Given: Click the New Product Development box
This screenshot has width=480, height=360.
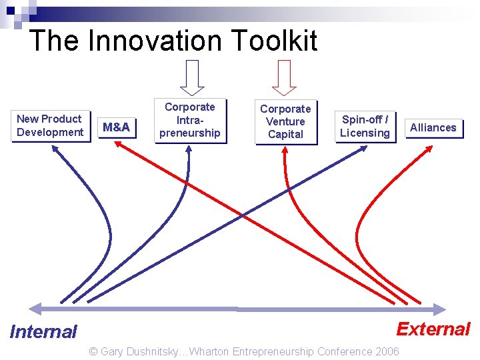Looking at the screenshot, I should [x=50, y=125].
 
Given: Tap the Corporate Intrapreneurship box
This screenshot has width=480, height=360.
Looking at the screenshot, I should [x=190, y=120].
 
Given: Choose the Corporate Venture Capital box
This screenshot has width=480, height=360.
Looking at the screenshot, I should [x=285, y=121].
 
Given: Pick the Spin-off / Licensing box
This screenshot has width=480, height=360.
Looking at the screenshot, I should [x=365, y=126].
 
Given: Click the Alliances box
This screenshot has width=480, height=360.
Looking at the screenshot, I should [x=433, y=127].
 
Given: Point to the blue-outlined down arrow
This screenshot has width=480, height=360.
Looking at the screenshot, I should [x=193, y=77].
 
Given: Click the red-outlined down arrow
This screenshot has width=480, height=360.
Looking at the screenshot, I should [x=285, y=77].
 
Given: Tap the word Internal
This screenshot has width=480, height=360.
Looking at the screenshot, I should [x=43, y=331].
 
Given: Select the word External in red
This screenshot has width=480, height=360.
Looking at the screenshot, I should [x=433, y=329].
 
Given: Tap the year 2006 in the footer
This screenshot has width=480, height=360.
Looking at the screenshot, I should [x=387, y=351].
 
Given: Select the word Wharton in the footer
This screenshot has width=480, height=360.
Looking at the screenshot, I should [x=212, y=351].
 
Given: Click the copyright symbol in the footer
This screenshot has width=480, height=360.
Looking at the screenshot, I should [x=93, y=351].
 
